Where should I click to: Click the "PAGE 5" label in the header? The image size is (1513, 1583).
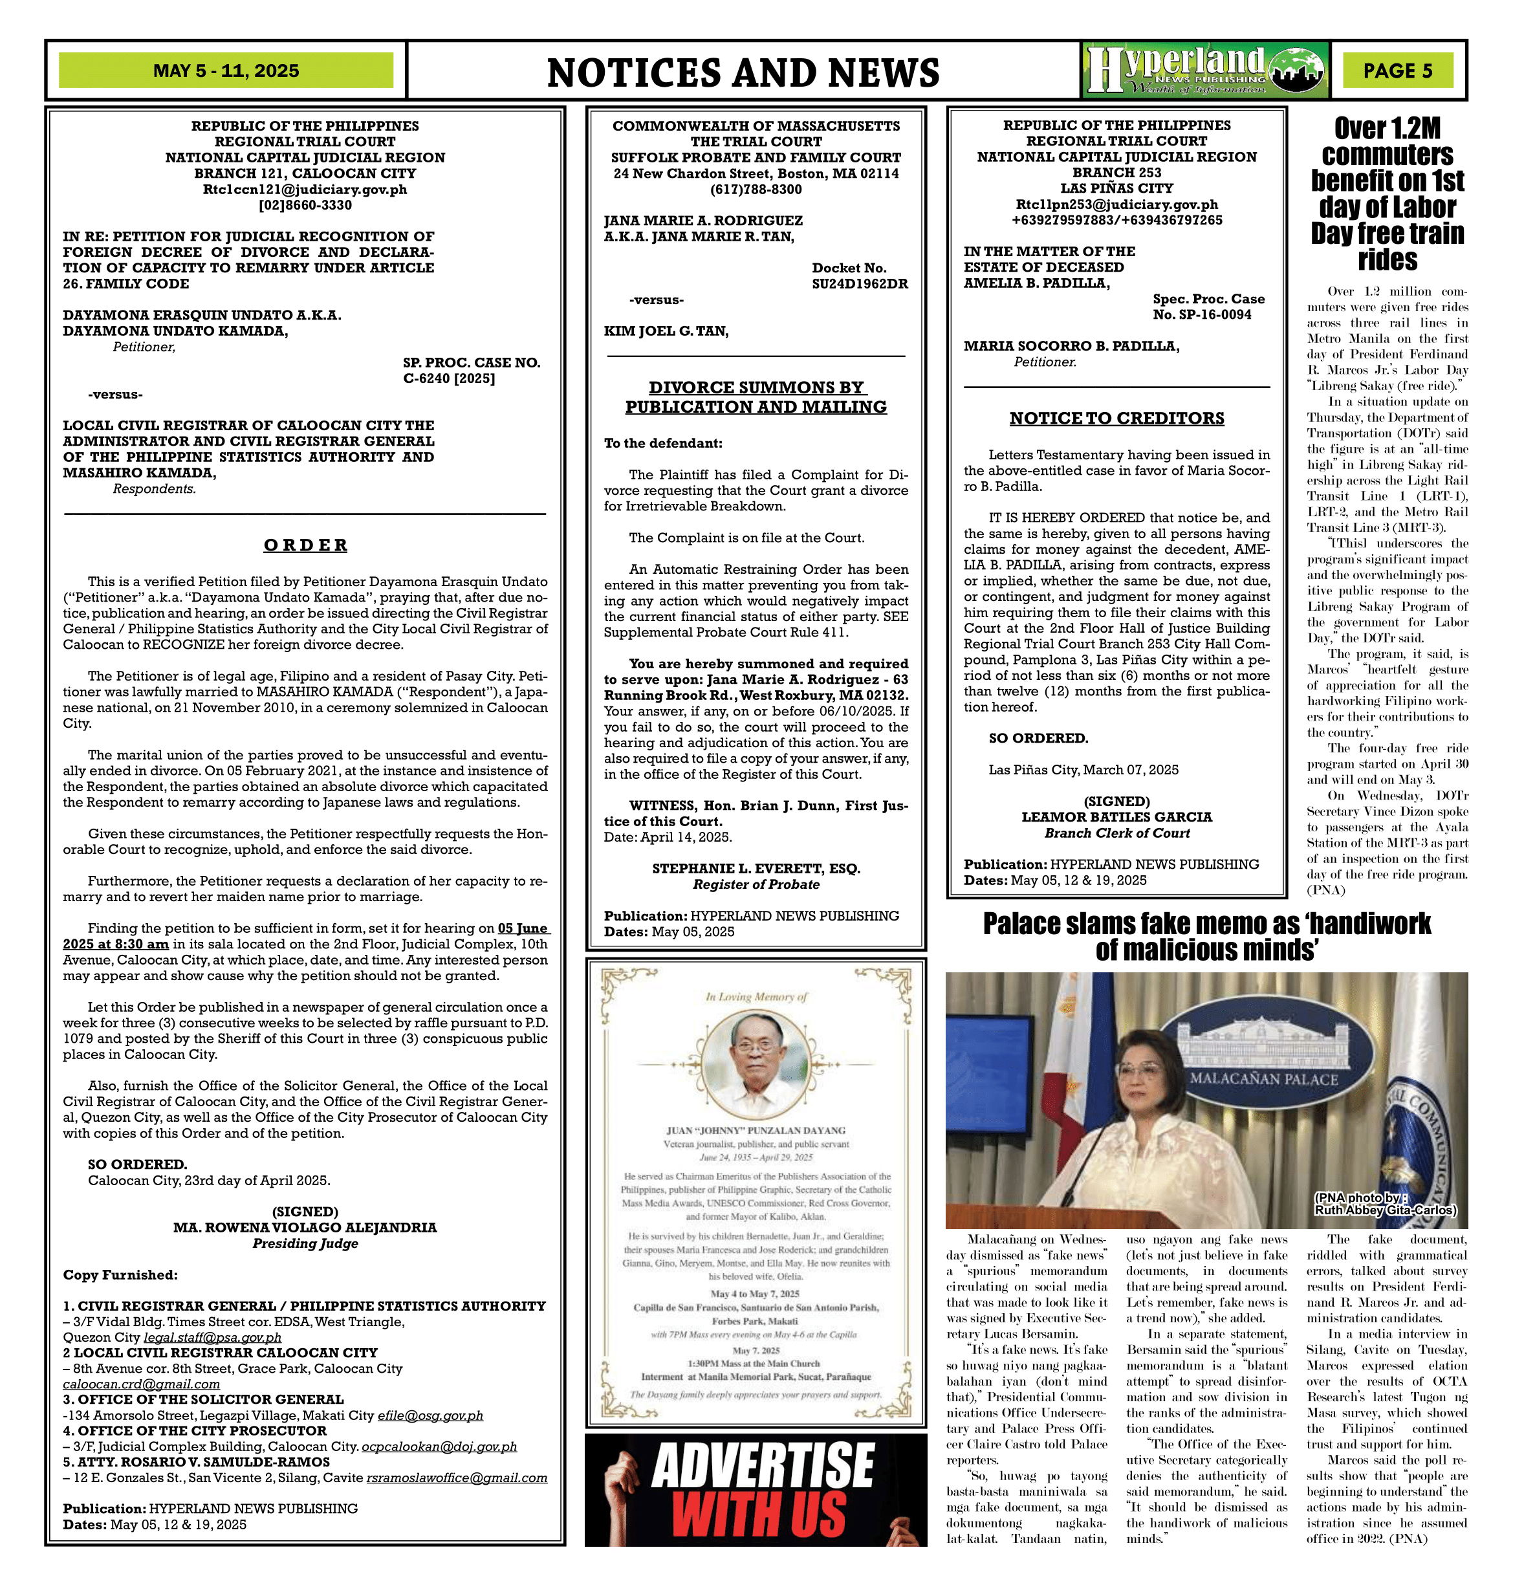1398,71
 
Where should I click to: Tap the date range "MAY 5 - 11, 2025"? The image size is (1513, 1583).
226,71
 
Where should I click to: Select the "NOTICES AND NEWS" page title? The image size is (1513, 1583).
743,72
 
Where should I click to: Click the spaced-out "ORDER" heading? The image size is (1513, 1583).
306,546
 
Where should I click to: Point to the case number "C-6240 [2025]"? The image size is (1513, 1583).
449,379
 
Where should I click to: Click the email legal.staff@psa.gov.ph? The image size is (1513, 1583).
212,1338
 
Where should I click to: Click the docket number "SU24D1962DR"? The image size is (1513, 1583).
860,284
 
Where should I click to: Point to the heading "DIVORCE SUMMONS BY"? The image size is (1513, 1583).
756,388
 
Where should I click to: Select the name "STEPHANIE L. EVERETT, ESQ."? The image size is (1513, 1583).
756,869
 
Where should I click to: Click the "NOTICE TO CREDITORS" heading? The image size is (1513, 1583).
1116,419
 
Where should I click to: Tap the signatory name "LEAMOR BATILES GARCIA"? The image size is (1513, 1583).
1116,817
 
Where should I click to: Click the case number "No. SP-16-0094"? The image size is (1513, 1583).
1202,314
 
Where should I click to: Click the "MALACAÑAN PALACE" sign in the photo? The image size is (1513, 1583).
1264,1079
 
